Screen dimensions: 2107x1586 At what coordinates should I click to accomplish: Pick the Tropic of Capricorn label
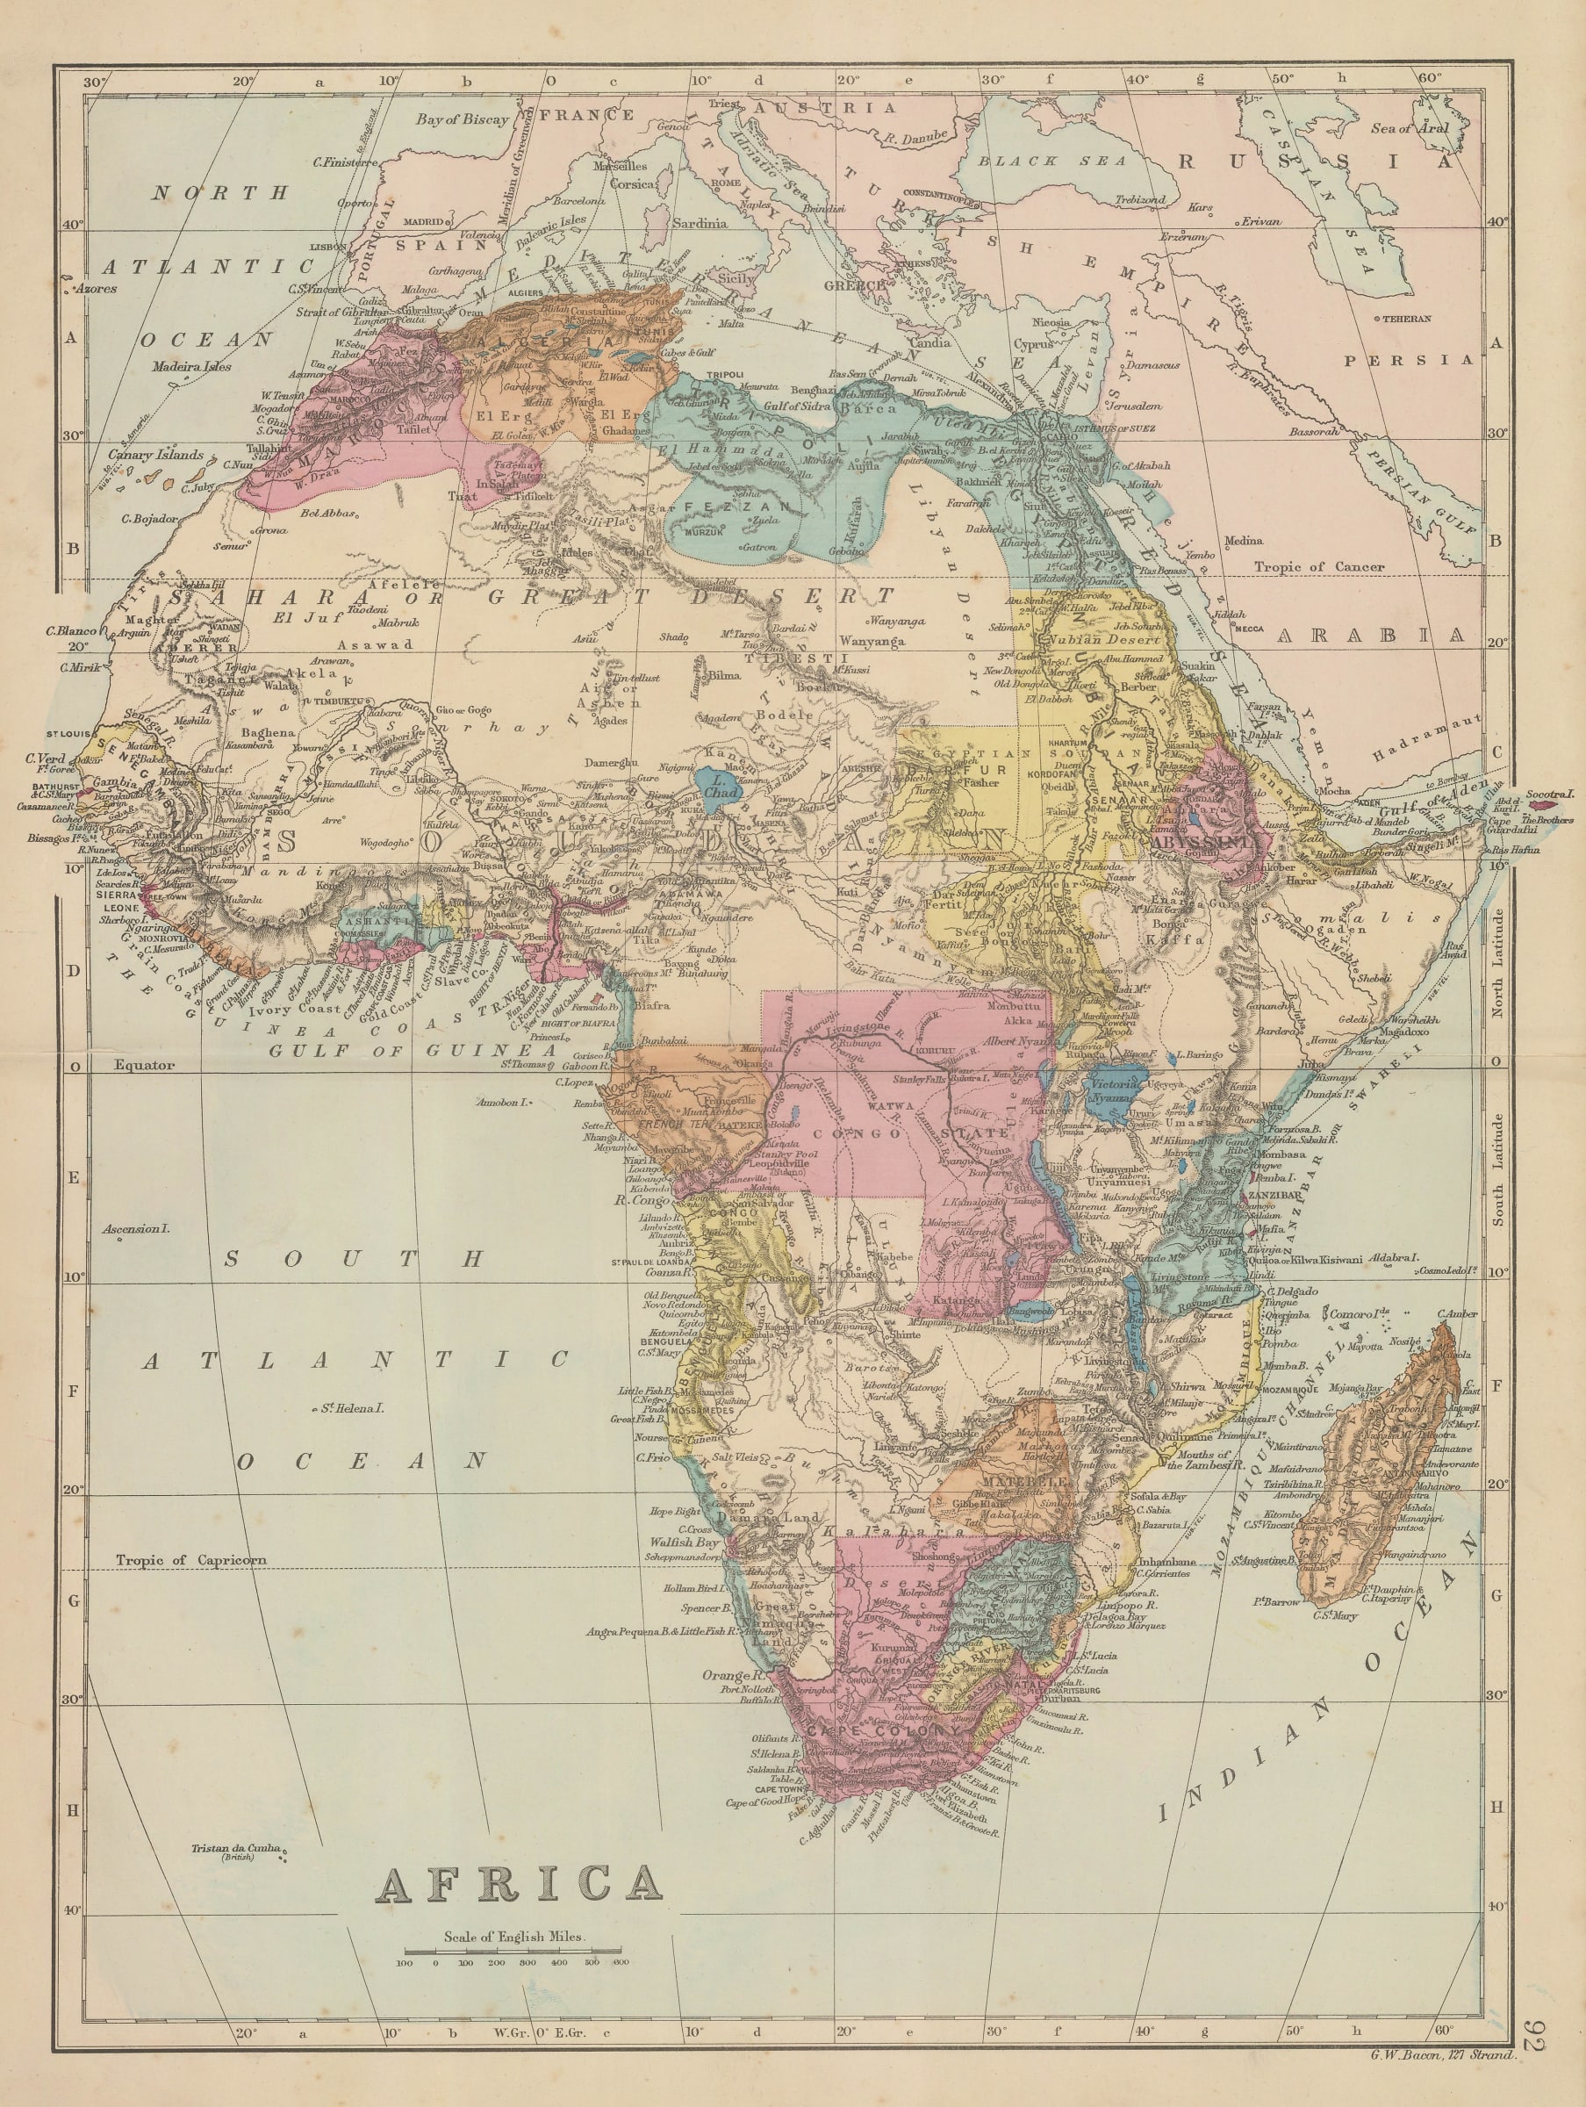pos(190,1560)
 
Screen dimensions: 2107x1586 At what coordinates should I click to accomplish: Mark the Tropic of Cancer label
pos(1318,567)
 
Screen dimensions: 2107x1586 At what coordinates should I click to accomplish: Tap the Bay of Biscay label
pos(462,119)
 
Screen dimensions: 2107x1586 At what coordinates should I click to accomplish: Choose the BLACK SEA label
pos(1051,161)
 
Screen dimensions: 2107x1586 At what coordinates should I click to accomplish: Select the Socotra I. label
pos(1549,794)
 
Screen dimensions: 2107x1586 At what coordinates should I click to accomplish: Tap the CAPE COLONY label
pos(884,1729)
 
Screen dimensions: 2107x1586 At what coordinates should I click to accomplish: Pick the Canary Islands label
pos(155,455)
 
